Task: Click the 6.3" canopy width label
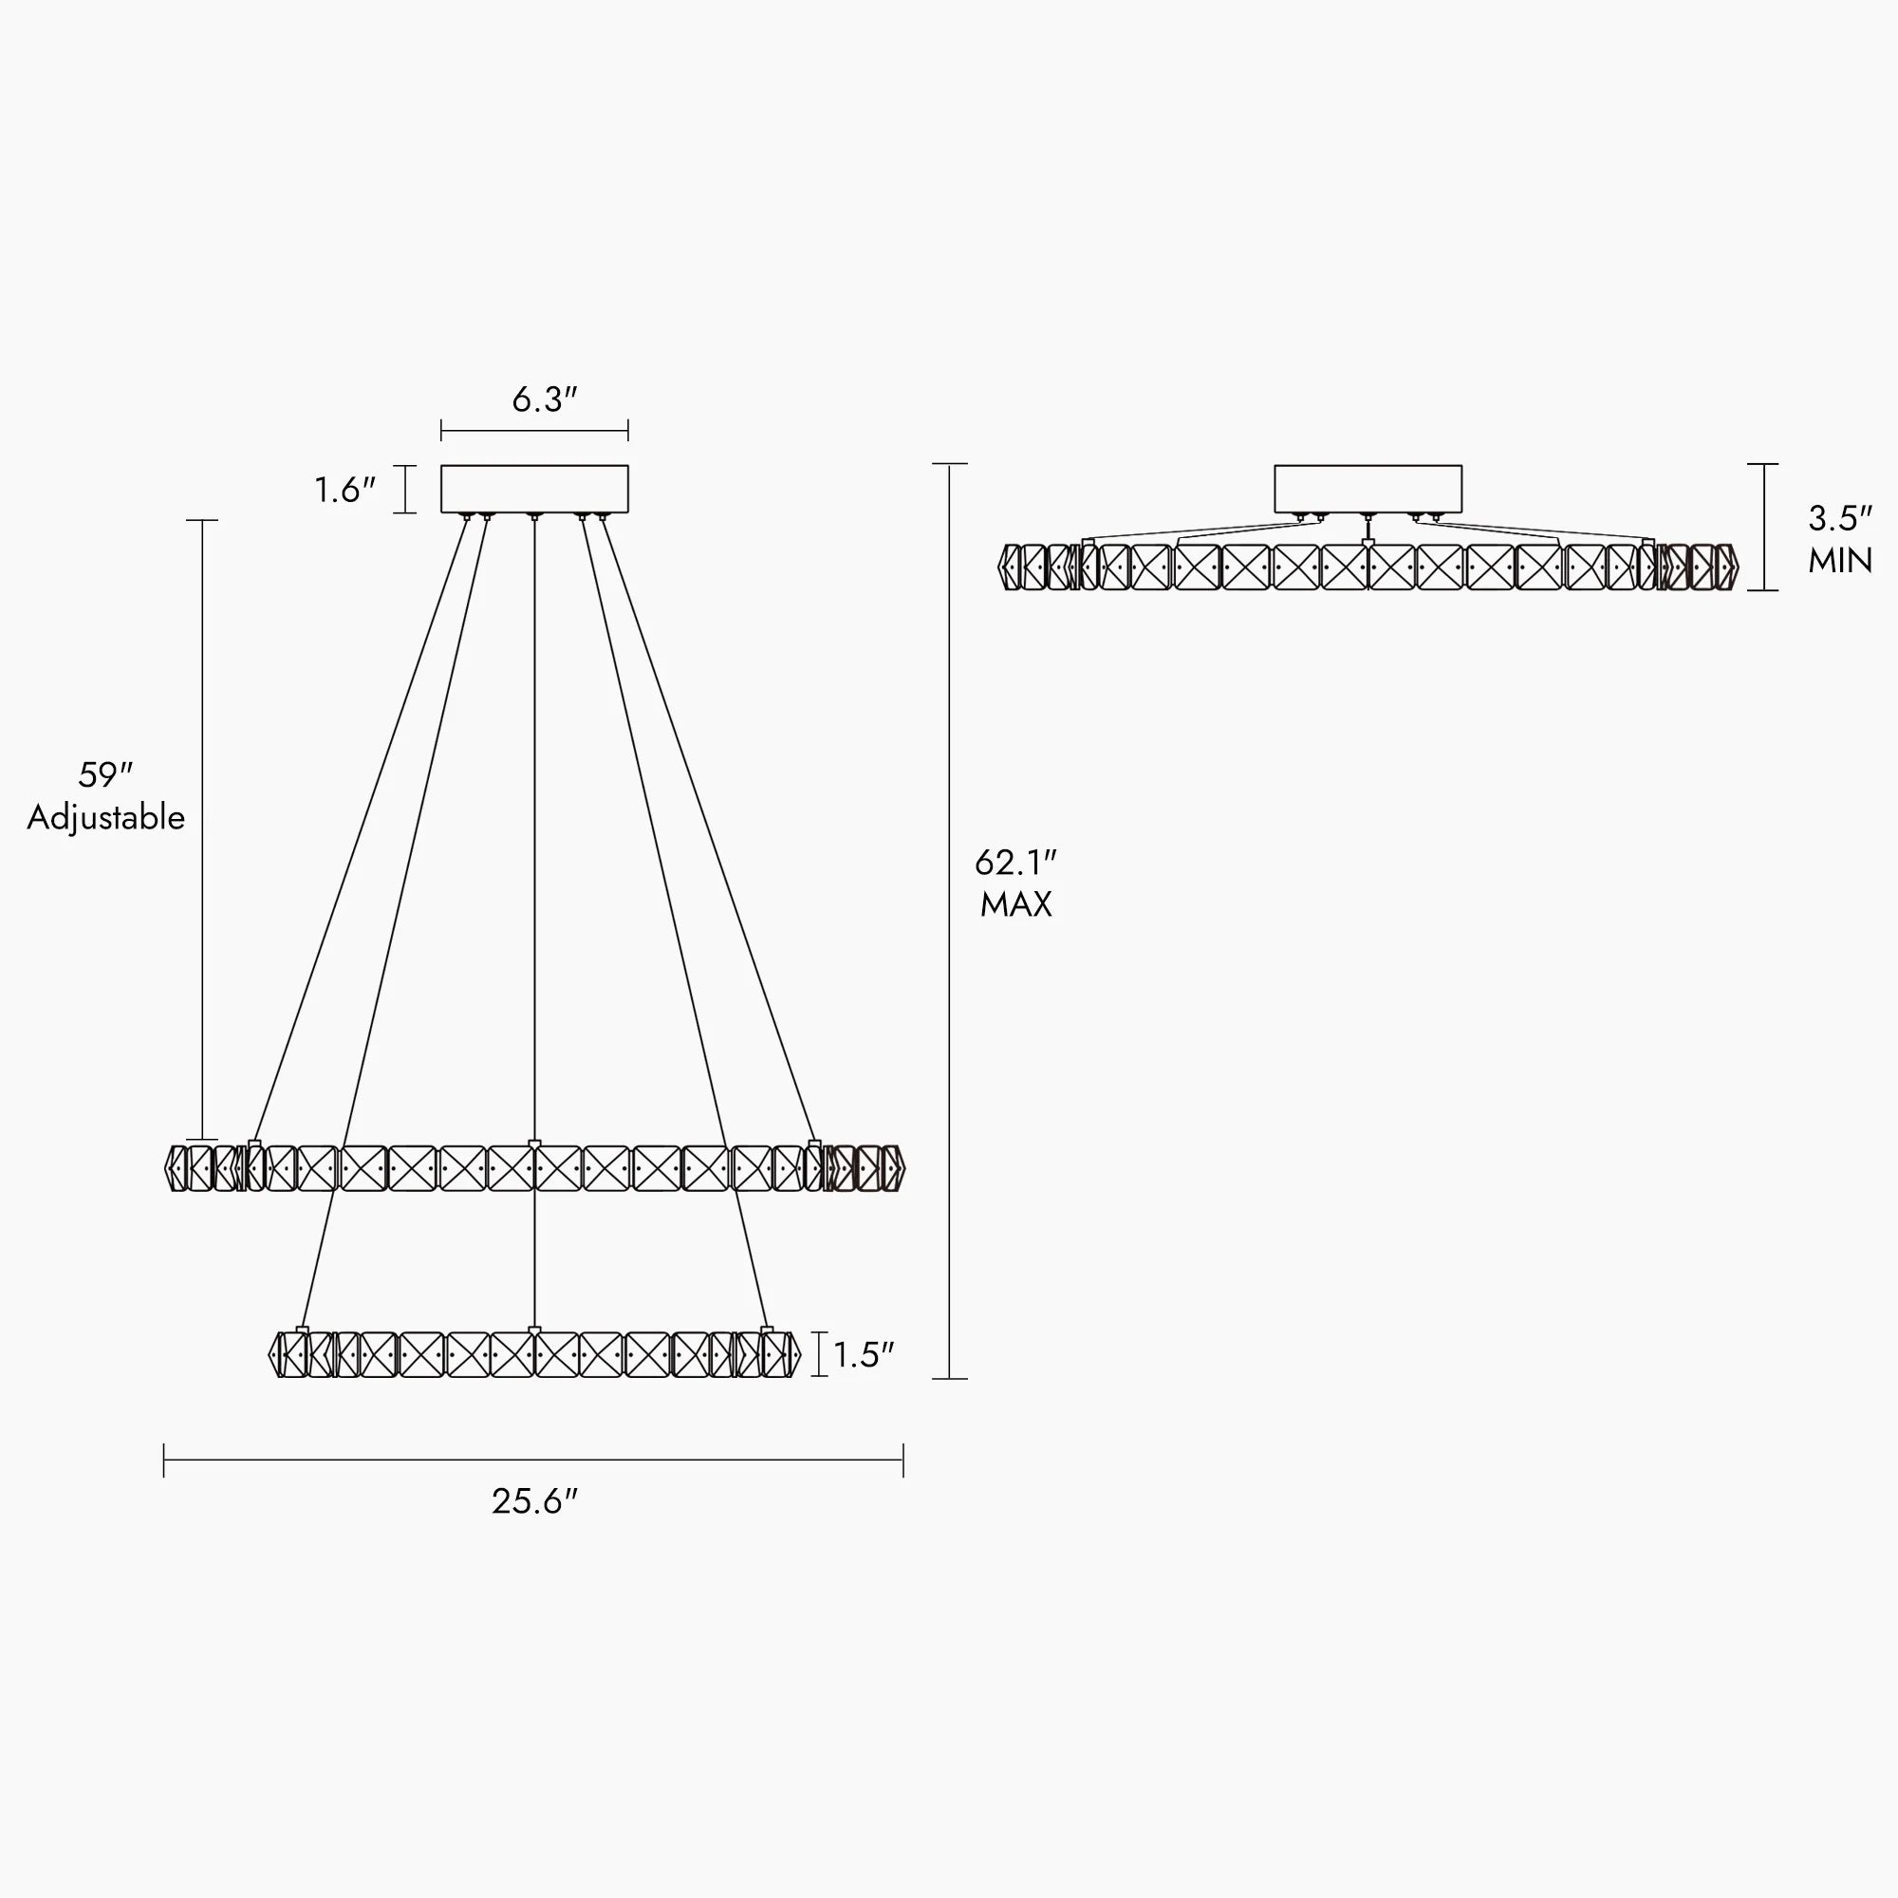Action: pos(543,400)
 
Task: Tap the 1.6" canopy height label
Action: pos(344,490)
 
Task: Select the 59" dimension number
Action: pos(105,775)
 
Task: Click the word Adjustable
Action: pos(106,817)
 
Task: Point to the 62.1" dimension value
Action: pos(1015,863)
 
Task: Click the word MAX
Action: pos(1015,903)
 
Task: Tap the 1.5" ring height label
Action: pos(864,1355)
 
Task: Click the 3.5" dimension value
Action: pos(1840,519)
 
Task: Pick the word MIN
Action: pos(1840,561)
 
